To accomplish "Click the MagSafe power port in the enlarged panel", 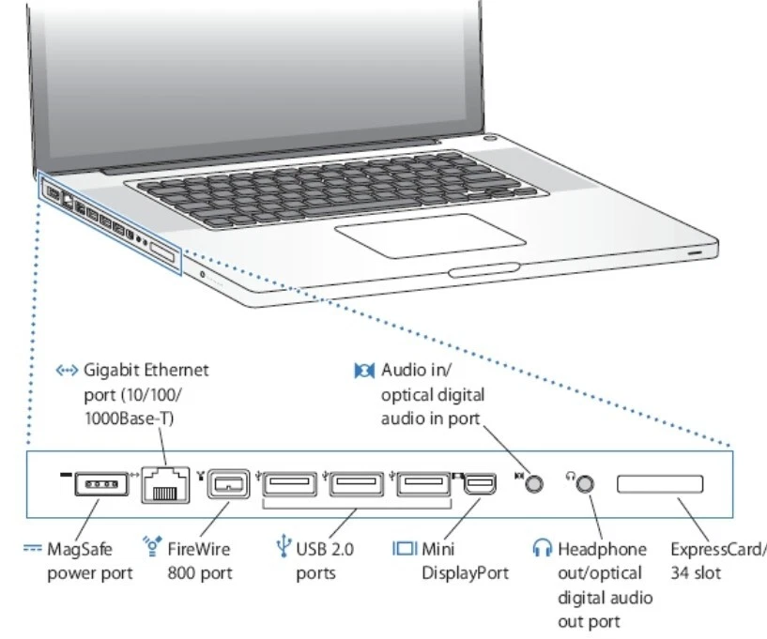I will (98, 485).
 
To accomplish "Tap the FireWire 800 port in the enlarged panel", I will (226, 486).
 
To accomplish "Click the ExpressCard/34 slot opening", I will (659, 485).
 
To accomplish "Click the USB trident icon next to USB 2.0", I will (283, 547).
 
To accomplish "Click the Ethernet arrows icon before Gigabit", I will (67, 371).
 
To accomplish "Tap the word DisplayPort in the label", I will (465, 572).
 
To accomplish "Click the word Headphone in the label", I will (602, 548).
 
